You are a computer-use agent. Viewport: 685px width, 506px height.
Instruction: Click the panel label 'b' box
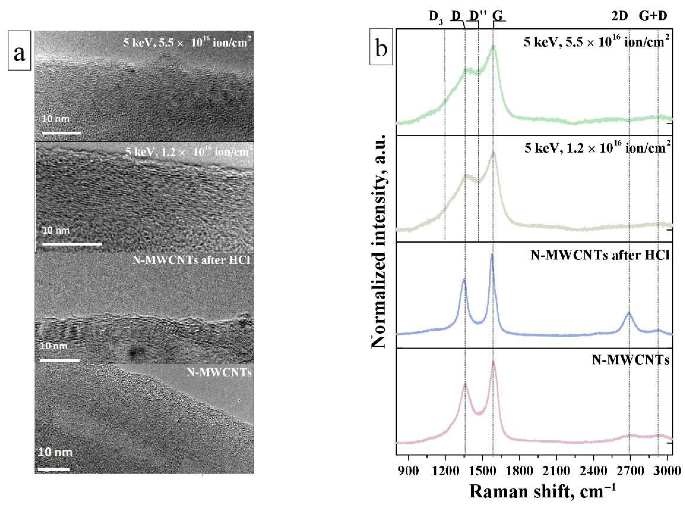click(381, 46)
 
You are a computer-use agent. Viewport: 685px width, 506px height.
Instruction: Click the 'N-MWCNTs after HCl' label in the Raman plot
click(600, 255)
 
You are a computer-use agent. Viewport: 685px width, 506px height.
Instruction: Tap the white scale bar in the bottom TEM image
click(54, 469)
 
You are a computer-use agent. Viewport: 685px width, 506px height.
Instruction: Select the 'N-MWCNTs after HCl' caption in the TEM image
click(191, 260)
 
